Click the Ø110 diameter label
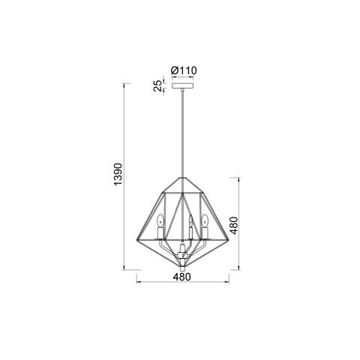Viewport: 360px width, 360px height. click(183, 70)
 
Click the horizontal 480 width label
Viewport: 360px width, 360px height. click(182, 277)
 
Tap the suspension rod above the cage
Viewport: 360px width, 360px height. click(181, 135)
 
